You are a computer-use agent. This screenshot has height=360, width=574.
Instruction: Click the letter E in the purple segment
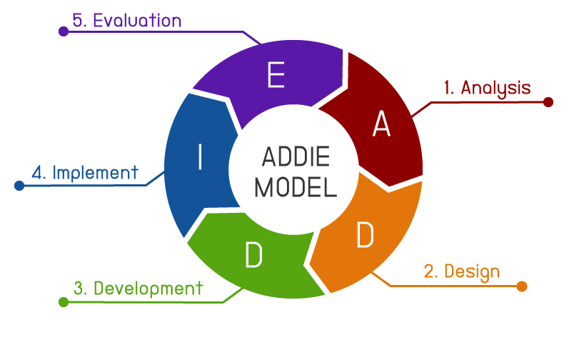tap(276, 76)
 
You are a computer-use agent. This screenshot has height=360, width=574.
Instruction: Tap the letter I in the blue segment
tap(200, 158)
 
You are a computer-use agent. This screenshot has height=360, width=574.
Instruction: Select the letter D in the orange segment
tap(365, 236)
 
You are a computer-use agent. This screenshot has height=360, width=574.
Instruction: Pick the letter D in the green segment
tap(253, 255)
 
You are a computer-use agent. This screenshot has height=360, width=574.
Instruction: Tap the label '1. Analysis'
tap(487, 88)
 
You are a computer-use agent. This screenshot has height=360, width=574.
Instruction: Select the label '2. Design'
tap(462, 271)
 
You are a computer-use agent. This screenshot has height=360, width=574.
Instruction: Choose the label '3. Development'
tap(138, 289)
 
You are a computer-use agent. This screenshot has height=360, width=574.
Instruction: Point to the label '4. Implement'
tap(84, 172)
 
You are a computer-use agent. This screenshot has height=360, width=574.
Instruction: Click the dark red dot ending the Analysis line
tap(548, 102)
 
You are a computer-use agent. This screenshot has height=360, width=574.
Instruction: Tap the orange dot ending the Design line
tap(521, 286)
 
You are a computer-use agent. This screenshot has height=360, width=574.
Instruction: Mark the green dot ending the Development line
tap(64, 302)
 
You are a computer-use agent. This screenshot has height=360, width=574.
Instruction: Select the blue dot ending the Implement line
tap(19, 186)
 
